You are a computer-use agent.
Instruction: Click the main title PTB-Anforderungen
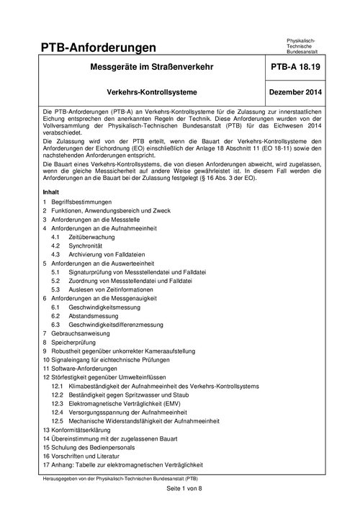[99, 48]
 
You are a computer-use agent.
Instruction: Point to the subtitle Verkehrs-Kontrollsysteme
[151, 92]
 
